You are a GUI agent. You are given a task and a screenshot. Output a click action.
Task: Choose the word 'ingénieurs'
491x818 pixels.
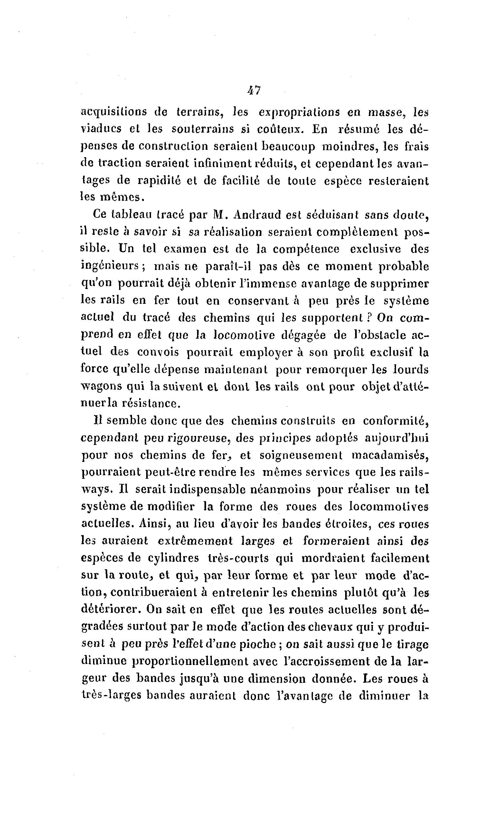(x=110, y=267)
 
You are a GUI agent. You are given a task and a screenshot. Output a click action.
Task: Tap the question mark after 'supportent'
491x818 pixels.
(x=370, y=318)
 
